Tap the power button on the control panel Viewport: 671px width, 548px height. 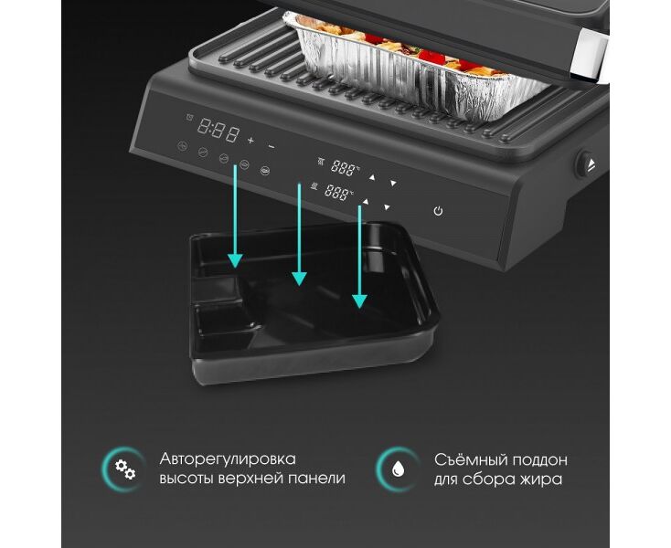click(x=438, y=211)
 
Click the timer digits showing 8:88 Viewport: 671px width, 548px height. click(x=218, y=130)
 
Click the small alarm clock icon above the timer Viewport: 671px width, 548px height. click(x=189, y=117)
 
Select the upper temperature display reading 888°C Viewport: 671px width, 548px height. click(x=345, y=168)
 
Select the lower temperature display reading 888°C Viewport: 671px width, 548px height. click(x=338, y=192)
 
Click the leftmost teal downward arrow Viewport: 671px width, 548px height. click(x=235, y=216)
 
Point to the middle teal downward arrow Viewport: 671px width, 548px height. click(x=299, y=235)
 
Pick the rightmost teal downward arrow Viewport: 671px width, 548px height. click(x=359, y=257)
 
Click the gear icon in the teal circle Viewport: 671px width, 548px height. click(x=125, y=469)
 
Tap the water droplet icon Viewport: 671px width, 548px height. click(x=399, y=469)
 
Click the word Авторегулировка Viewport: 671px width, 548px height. click(x=228, y=459)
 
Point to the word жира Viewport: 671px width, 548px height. click(x=541, y=479)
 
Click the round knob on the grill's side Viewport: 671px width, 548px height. click(x=585, y=164)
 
